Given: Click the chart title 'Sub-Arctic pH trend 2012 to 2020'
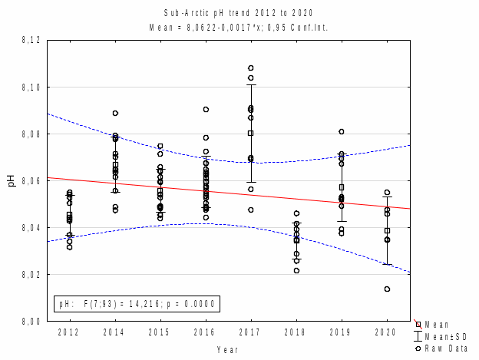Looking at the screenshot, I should pyautogui.click(x=239, y=13).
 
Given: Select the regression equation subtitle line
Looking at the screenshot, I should pyautogui.click(x=239, y=28).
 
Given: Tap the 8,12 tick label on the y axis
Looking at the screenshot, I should pyautogui.click(x=31, y=41).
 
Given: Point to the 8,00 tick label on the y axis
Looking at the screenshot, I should pyautogui.click(x=31, y=321).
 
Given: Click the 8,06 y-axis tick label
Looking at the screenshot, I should pyautogui.click(x=31, y=181).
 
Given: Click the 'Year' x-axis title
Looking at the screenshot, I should pyautogui.click(x=228, y=349).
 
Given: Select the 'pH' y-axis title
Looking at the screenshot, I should pyautogui.click(x=11, y=181).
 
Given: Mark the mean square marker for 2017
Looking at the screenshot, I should pyautogui.click(x=251, y=133).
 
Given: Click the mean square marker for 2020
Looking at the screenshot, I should pyautogui.click(x=387, y=230).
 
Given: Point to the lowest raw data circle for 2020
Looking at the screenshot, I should pyautogui.click(x=387, y=289).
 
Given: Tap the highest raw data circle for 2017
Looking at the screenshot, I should pyautogui.click(x=251, y=68).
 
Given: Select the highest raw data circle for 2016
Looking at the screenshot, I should pyautogui.click(x=206, y=109).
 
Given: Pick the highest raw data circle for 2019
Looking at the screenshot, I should pyautogui.click(x=342, y=131).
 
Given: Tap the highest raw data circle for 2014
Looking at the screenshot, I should pyautogui.click(x=115, y=113).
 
